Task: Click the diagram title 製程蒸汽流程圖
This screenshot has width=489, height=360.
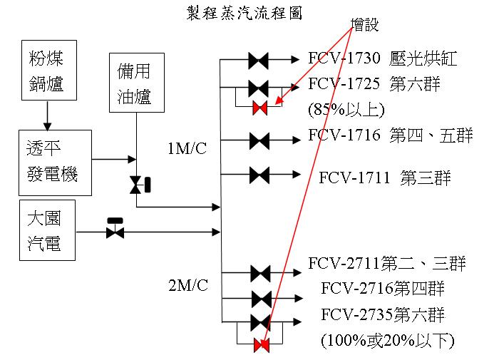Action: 244,14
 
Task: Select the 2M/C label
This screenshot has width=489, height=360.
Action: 187,286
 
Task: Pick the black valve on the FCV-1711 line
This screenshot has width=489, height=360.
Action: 259,174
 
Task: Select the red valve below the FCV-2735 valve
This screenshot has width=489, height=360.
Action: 261,346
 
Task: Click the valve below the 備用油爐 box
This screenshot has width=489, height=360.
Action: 135,185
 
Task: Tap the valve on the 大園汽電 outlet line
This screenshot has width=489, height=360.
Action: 114,231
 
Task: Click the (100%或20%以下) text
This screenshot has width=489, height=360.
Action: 388,340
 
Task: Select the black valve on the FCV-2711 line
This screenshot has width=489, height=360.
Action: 260,272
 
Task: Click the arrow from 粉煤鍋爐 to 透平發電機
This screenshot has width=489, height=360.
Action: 46,115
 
